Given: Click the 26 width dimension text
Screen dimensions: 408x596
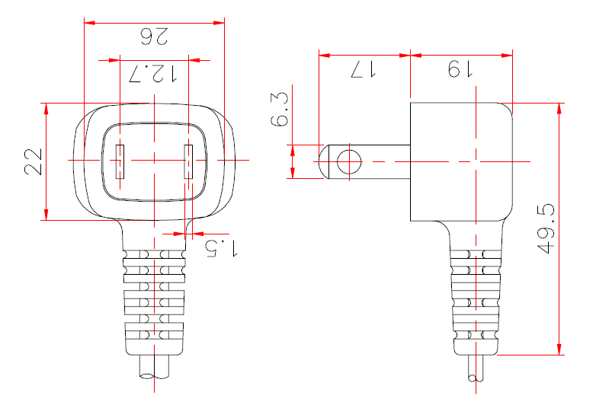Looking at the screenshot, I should point(155,35).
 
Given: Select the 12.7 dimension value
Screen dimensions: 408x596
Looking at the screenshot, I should point(154,73).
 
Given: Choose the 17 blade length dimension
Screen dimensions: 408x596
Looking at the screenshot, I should point(364,69).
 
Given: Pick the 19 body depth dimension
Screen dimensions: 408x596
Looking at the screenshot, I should point(460,69).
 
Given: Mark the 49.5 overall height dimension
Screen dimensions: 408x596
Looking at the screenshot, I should point(546,228).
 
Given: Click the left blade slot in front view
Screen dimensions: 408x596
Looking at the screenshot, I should point(120,161).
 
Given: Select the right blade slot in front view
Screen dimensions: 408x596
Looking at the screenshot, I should point(189,161).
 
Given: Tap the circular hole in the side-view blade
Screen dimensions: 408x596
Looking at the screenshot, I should point(348,161).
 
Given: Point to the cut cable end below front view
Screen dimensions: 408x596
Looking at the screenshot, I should point(154,370).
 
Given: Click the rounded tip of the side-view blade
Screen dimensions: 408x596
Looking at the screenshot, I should point(324,161).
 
